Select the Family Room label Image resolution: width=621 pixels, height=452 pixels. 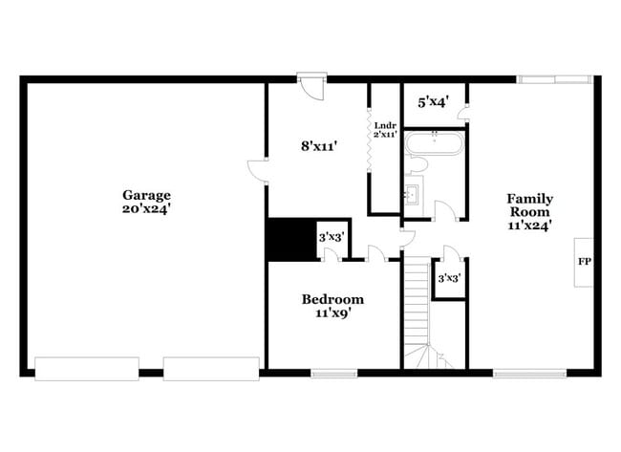[530, 205]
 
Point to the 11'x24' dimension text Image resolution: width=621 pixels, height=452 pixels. [530, 226]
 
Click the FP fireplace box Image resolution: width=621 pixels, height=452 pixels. [584, 260]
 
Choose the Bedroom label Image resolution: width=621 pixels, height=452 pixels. [332, 298]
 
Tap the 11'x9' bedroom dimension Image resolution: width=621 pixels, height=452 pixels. [332, 312]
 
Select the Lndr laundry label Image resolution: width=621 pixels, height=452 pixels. [384, 125]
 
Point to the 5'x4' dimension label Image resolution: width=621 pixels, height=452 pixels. [434, 99]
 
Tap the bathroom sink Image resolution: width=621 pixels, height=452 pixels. [415, 196]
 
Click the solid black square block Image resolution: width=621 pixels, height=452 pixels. [290, 239]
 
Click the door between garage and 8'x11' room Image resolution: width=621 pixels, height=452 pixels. [258, 170]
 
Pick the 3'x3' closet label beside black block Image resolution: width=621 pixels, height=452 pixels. [331, 236]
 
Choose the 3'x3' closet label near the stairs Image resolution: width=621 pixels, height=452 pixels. [449, 279]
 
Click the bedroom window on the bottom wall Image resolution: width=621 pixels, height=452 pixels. [333, 372]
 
